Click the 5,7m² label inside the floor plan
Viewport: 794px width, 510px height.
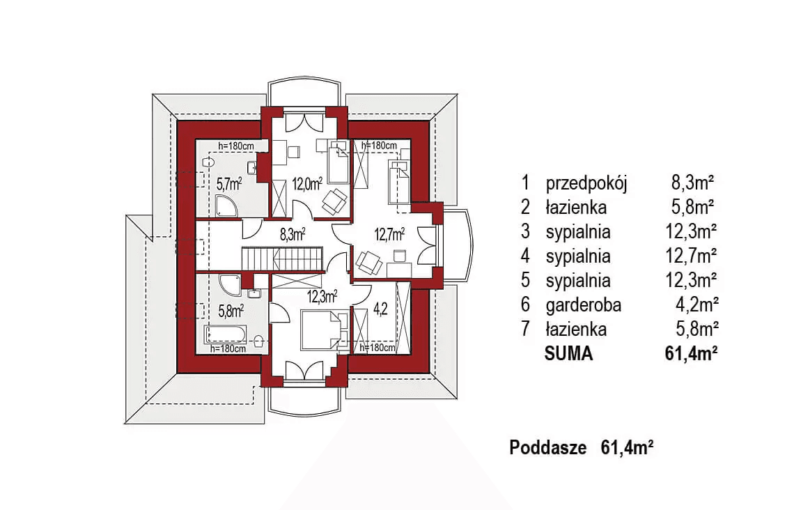(x=228, y=184)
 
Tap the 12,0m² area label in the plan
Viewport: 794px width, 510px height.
(x=306, y=184)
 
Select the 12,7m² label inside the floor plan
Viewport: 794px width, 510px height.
(x=390, y=234)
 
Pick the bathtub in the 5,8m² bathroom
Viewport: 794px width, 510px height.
(x=224, y=334)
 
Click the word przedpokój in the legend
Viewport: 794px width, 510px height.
(x=587, y=183)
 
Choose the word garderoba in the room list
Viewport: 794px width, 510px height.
(x=584, y=304)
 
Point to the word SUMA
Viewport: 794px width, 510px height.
(x=568, y=353)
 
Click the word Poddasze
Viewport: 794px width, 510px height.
(x=548, y=447)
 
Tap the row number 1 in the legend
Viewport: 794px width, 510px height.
(x=525, y=183)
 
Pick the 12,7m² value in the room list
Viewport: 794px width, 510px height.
(x=692, y=256)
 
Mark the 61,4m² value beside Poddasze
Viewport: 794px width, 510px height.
(x=627, y=447)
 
